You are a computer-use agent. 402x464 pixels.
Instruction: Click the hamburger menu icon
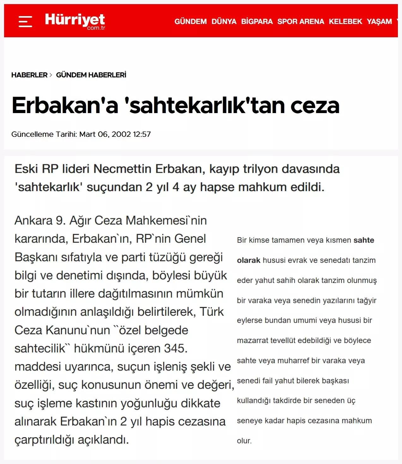click(25, 21)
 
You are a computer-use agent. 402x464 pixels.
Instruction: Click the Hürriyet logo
click(75, 21)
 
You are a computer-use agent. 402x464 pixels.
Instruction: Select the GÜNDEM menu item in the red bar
click(190, 21)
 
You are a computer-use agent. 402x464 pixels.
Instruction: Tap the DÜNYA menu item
click(224, 21)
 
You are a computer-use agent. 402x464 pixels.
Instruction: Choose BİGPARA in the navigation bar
click(257, 21)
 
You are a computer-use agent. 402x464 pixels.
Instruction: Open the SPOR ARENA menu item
click(301, 21)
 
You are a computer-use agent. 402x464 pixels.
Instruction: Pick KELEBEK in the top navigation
click(345, 21)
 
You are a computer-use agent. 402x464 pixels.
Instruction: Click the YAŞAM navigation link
click(379, 21)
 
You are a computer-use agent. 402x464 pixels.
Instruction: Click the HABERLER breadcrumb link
click(29, 75)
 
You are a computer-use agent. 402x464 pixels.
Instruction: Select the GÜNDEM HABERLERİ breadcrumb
click(91, 75)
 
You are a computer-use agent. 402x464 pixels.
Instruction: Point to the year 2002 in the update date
click(121, 134)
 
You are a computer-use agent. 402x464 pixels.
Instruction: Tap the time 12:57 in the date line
click(142, 134)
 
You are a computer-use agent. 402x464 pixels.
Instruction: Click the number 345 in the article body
click(176, 348)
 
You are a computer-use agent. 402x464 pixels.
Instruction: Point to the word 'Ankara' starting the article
click(33, 220)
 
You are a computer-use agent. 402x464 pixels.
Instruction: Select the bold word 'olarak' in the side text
click(249, 260)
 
